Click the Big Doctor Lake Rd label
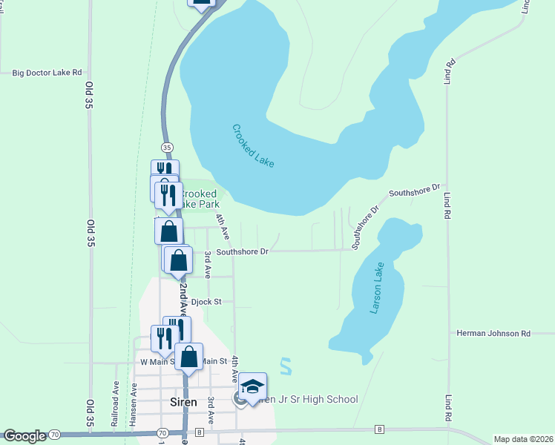(46, 73)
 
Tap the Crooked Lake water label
(253, 145)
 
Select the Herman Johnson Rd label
(493, 334)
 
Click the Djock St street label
(206, 302)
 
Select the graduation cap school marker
(252, 386)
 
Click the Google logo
(24, 435)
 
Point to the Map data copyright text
(523, 439)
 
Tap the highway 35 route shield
(167, 147)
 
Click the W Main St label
(155, 362)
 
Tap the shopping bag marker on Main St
(190, 357)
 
